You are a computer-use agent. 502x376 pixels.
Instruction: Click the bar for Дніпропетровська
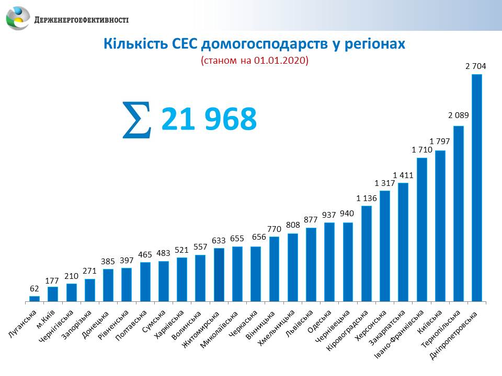click(476, 188)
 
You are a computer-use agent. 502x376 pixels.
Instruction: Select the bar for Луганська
click(35, 299)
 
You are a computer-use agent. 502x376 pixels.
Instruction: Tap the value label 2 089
click(458, 116)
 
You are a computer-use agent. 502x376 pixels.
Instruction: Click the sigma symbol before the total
click(136, 120)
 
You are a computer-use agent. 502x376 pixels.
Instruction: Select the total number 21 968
click(209, 120)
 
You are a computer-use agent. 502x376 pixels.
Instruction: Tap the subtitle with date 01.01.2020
click(254, 61)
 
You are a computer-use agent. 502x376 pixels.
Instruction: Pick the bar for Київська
click(440, 226)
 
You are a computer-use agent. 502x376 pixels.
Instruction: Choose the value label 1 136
click(367, 198)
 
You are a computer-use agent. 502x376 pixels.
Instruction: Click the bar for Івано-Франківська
click(421, 229)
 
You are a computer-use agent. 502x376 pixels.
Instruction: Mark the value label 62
click(35, 288)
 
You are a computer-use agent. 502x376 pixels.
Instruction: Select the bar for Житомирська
click(219, 275)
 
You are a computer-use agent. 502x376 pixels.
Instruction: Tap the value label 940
click(348, 213)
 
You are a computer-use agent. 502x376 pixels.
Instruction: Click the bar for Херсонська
click(385, 246)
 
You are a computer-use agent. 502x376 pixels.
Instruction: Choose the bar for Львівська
click(311, 265)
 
